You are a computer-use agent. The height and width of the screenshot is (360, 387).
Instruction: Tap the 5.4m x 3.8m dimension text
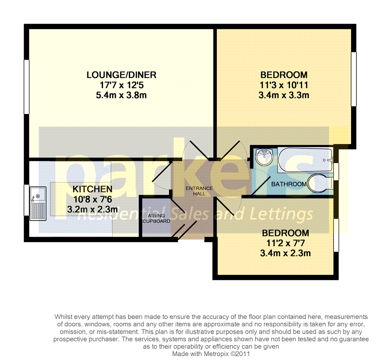click(121, 95)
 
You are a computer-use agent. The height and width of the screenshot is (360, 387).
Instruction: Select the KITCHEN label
click(92, 189)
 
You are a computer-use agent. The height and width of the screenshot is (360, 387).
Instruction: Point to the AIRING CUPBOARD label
click(156, 218)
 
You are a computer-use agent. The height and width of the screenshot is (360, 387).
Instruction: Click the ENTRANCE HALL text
click(199, 191)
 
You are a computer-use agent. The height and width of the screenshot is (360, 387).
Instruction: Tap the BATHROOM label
click(289, 184)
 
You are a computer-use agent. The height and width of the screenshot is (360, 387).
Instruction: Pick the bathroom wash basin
click(264, 155)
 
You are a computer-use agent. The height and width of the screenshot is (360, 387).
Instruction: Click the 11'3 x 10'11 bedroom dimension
click(284, 85)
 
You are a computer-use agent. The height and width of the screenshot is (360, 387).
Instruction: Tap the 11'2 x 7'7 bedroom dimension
click(286, 244)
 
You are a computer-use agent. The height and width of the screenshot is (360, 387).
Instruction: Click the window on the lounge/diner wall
click(26, 87)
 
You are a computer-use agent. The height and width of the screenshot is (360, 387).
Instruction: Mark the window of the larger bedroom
click(353, 79)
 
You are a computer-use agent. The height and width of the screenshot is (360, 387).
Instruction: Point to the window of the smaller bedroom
click(336, 235)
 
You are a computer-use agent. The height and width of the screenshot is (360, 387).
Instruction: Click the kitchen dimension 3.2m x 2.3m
click(92, 210)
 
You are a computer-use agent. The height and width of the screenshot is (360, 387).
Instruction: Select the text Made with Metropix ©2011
click(211, 353)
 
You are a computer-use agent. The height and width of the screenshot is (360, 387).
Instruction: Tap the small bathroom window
click(337, 172)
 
